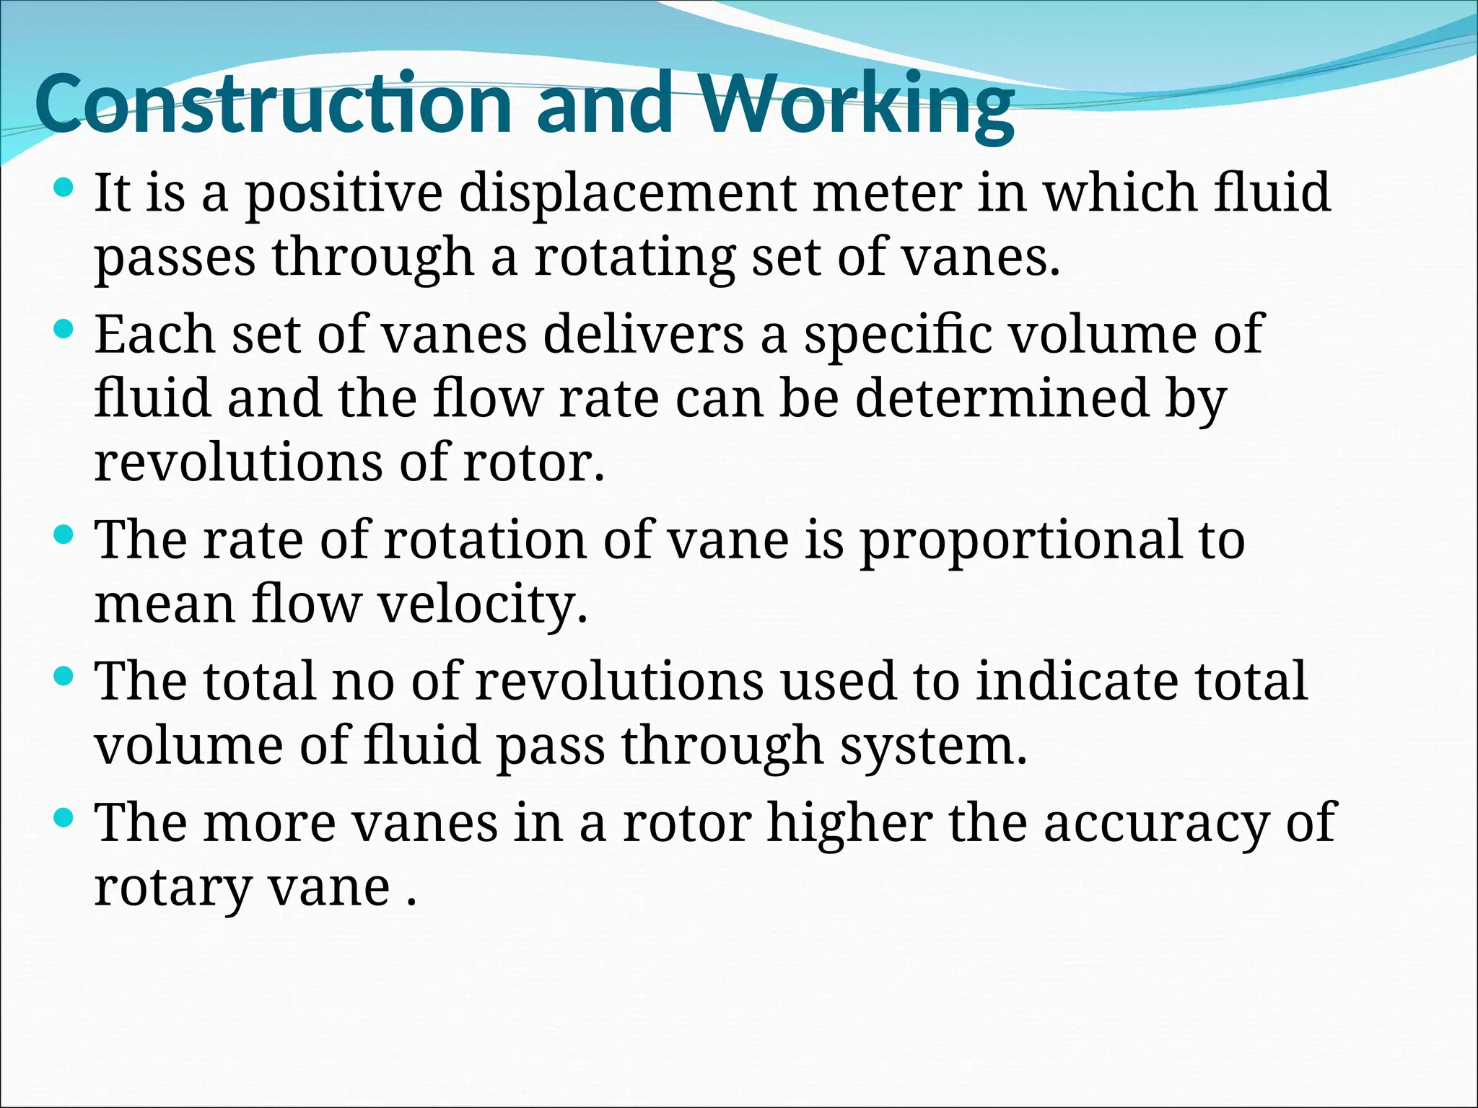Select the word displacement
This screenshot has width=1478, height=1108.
coord(628,193)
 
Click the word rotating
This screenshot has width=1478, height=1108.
coord(634,258)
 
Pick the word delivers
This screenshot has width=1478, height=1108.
coord(643,335)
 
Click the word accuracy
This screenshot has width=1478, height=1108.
coord(1155,824)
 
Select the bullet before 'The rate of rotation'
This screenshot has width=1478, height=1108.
coord(64,536)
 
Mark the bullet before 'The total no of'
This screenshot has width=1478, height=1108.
coord(64,677)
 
